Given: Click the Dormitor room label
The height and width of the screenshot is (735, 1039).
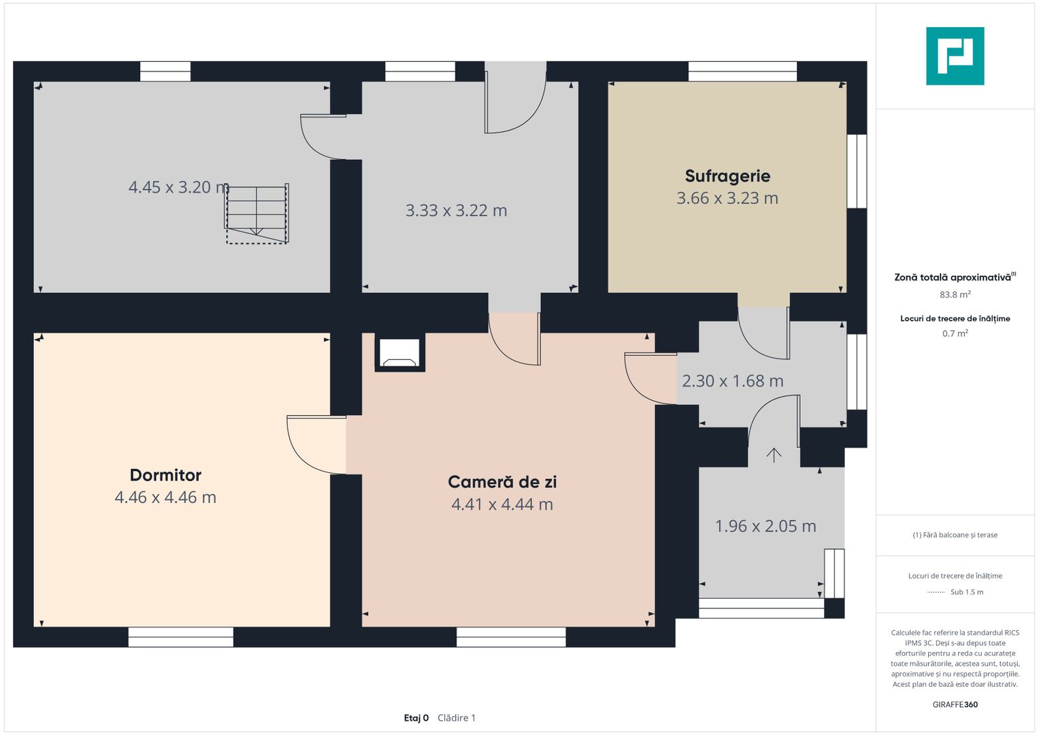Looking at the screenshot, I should (165, 475).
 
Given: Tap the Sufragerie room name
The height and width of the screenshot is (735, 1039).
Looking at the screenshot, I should (727, 176).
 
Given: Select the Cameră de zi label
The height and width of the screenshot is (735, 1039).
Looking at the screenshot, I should (502, 482).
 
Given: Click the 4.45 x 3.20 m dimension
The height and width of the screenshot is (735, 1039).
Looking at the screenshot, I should (178, 187).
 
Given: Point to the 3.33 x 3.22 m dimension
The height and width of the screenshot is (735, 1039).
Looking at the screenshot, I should (456, 211).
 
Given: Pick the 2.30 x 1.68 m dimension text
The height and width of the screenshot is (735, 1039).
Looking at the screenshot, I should (732, 381).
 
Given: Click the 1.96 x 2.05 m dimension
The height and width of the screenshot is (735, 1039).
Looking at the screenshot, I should (765, 526).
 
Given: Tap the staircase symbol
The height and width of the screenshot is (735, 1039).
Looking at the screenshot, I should (257, 214).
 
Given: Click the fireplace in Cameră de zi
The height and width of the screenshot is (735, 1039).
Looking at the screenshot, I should (400, 353).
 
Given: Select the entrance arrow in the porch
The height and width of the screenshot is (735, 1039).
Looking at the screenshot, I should (774, 455).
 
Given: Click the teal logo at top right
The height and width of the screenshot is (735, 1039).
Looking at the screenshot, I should (955, 56).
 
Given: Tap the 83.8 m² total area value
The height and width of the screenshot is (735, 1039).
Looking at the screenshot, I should (955, 295).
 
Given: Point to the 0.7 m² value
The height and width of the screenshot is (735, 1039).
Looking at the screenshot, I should (955, 333).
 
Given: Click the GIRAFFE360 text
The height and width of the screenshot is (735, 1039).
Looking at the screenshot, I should (955, 704).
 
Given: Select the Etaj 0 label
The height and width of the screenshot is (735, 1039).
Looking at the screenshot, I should (416, 718).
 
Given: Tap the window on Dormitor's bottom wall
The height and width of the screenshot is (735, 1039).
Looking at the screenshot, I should (181, 637).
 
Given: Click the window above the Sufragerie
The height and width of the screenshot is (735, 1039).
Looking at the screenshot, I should (742, 71).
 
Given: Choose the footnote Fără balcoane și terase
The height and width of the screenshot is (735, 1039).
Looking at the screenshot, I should (955, 535).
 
